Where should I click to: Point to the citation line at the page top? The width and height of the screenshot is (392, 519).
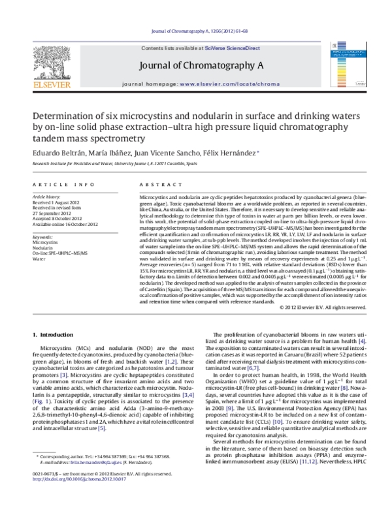196,30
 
